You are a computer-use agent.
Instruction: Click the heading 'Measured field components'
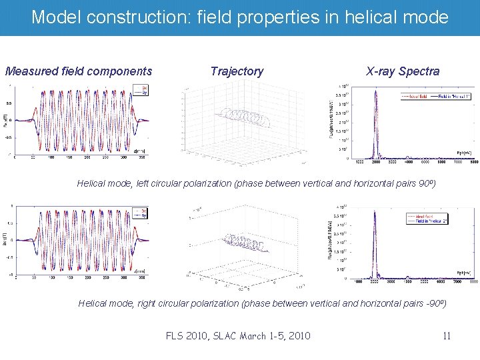[x=79, y=71]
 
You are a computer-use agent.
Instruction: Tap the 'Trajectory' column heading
[x=237, y=71]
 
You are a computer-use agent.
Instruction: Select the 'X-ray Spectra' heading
[x=403, y=71]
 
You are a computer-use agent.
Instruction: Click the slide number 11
[x=447, y=336]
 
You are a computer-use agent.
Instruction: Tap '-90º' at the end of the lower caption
[x=434, y=303]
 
